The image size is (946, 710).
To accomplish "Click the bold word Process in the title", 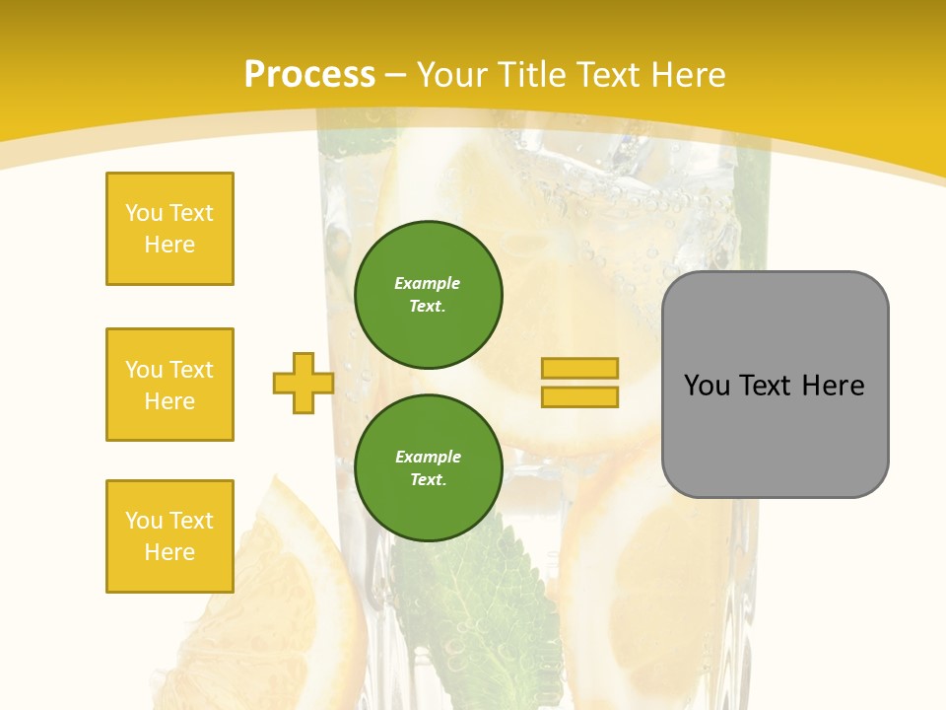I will tap(309, 75).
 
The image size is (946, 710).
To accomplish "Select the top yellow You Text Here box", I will tap(169, 229).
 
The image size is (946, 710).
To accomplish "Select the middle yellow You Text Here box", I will tap(169, 385).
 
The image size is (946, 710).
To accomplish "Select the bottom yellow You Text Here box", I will tap(169, 536).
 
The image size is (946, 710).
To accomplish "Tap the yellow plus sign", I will tap(304, 383).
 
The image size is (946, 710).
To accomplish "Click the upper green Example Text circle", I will tap(429, 294).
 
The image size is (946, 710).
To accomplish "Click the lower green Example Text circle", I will tap(429, 467).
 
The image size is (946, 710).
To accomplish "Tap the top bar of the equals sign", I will tap(579, 368).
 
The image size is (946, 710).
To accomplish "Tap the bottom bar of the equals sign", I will tap(579, 396).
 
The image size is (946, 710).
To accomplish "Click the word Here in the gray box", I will tap(833, 386).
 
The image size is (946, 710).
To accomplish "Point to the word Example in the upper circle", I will tap(427, 283).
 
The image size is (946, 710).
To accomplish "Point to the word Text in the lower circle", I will tap(427, 479).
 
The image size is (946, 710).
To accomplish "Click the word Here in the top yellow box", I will tap(169, 245).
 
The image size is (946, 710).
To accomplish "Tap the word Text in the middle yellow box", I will tap(191, 370).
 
